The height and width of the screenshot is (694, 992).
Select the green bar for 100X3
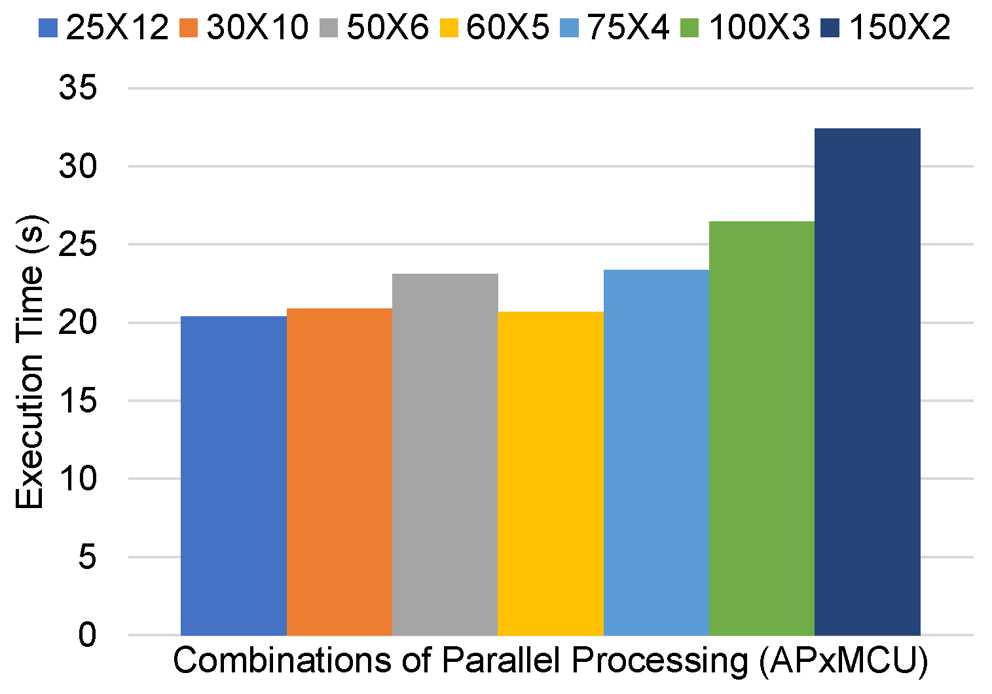pyautogui.click(x=762, y=428)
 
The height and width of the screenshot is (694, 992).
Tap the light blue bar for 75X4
pyautogui.click(x=656, y=452)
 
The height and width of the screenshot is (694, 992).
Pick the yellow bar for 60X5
pyautogui.click(x=550, y=473)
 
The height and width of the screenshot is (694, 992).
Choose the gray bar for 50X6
pyautogui.click(x=445, y=454)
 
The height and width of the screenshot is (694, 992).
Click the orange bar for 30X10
pyautogui.click(x=339, y=471)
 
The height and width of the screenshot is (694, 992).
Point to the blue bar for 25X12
pyautogui.click(x=233, y=475)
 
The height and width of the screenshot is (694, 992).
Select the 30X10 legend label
pyautogui.click(x=257, y=27)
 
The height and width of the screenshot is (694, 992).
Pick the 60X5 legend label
pyautogui.click(x=507, y=27)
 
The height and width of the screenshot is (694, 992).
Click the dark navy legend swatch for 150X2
pyautogui.click(x=831, y=28)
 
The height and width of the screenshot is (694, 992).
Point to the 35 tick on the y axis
pyautogui.click(x=78, y=88)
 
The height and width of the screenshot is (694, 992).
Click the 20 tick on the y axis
pyautogui.click(x=78, y=322)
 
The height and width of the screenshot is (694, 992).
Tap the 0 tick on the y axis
pyautogui.click(x=87, y=635)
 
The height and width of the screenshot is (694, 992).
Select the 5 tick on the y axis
pyautogui.click(x=87, y=557)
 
